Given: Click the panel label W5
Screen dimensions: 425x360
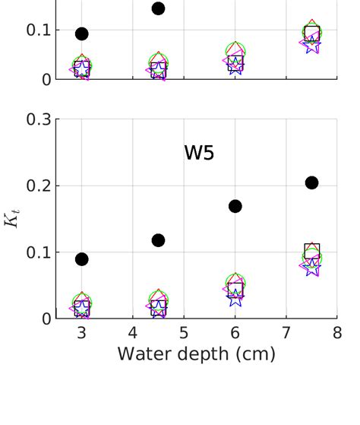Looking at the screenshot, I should point(199,153).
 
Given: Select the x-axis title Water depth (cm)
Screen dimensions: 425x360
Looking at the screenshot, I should point(196,354).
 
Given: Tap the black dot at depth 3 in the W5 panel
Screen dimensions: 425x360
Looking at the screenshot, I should point(82,259).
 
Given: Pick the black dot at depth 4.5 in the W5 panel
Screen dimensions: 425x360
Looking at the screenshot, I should point(158,240).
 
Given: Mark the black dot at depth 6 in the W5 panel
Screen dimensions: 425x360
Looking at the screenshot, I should point(235,206).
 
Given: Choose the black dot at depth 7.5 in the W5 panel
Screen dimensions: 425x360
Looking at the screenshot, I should point(311,182).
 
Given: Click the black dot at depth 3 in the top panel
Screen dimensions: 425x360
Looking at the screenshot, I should point(82,33).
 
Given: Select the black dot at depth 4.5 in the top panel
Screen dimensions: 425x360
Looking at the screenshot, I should point(158,8).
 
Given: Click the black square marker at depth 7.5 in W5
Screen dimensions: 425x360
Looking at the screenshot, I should point(312,250).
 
